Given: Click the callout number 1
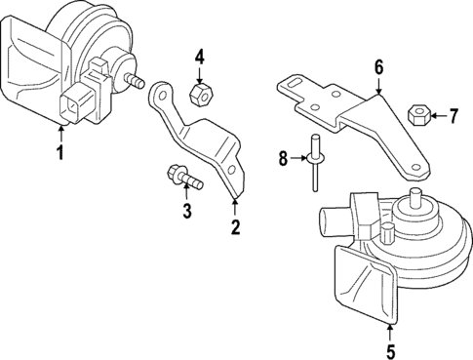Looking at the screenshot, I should tap(60, 152).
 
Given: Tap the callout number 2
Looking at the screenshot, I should tap(235, 228).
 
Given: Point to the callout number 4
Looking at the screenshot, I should tap(199, 56).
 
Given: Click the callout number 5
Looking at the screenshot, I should tap(391, 351).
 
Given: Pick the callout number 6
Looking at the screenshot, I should tap(378, 67).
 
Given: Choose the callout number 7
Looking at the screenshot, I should tap(453, 117).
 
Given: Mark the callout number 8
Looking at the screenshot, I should tap(282, 157).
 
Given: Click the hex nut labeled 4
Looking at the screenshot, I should tap(199, 94).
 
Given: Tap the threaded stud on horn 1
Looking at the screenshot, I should tap(137, 81).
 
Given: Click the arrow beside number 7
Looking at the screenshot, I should tap(435, 117).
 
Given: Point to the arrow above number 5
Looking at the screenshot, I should tap(391, 329).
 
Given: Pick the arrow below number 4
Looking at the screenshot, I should tap(199, 74).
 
